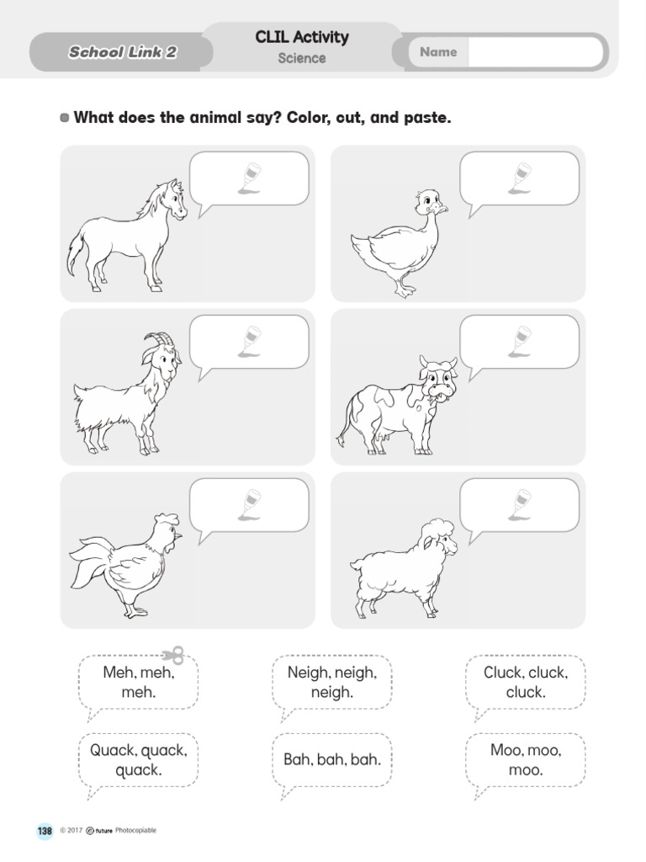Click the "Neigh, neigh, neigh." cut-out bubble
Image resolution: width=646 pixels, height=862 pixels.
coord(332,683)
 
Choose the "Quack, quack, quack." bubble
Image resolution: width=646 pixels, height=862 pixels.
coord(139,759)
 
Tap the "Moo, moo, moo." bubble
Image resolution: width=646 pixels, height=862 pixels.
coord(526,759)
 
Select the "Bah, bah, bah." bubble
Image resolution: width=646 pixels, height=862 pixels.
coord(332,759)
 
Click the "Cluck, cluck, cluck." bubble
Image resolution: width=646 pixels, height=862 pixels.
coord(526,683)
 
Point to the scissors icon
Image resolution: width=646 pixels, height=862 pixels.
coord(173,655)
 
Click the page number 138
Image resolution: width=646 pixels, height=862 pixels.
coord(45,831)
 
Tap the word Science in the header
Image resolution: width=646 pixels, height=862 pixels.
coord(302,58)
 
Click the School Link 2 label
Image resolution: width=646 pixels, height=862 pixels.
coord(123,53)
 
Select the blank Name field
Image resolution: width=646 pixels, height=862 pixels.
coord(535,52)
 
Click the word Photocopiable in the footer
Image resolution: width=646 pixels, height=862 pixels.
coord(135,831)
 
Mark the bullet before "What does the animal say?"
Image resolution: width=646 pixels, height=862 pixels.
coord(66,118)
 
